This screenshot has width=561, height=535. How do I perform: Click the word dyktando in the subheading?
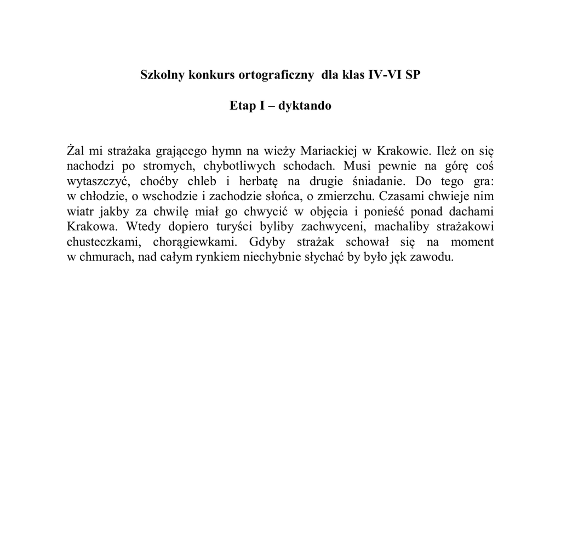(305, 106)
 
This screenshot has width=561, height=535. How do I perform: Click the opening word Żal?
(76, 150)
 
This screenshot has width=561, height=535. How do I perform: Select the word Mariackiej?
(326, 150)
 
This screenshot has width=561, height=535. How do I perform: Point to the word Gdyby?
(266, 242)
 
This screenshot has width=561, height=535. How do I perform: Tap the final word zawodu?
(435, 258)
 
